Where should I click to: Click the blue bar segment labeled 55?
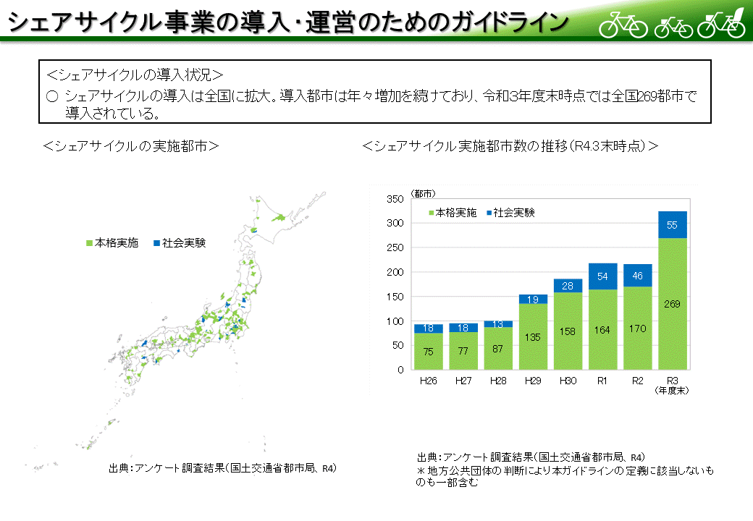click(672, 225)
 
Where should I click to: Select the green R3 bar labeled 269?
click(672, 303)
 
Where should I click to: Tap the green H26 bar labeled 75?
click(429, 351)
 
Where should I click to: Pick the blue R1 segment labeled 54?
click(602, 276)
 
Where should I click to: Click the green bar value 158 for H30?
click(568, 331)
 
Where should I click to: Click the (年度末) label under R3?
click(672, 391)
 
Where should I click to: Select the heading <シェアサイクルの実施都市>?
click(131, 145)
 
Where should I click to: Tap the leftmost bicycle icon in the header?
click(623, 24)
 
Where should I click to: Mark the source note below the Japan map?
click(223, 467)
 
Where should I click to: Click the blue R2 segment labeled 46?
click(637, 276)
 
